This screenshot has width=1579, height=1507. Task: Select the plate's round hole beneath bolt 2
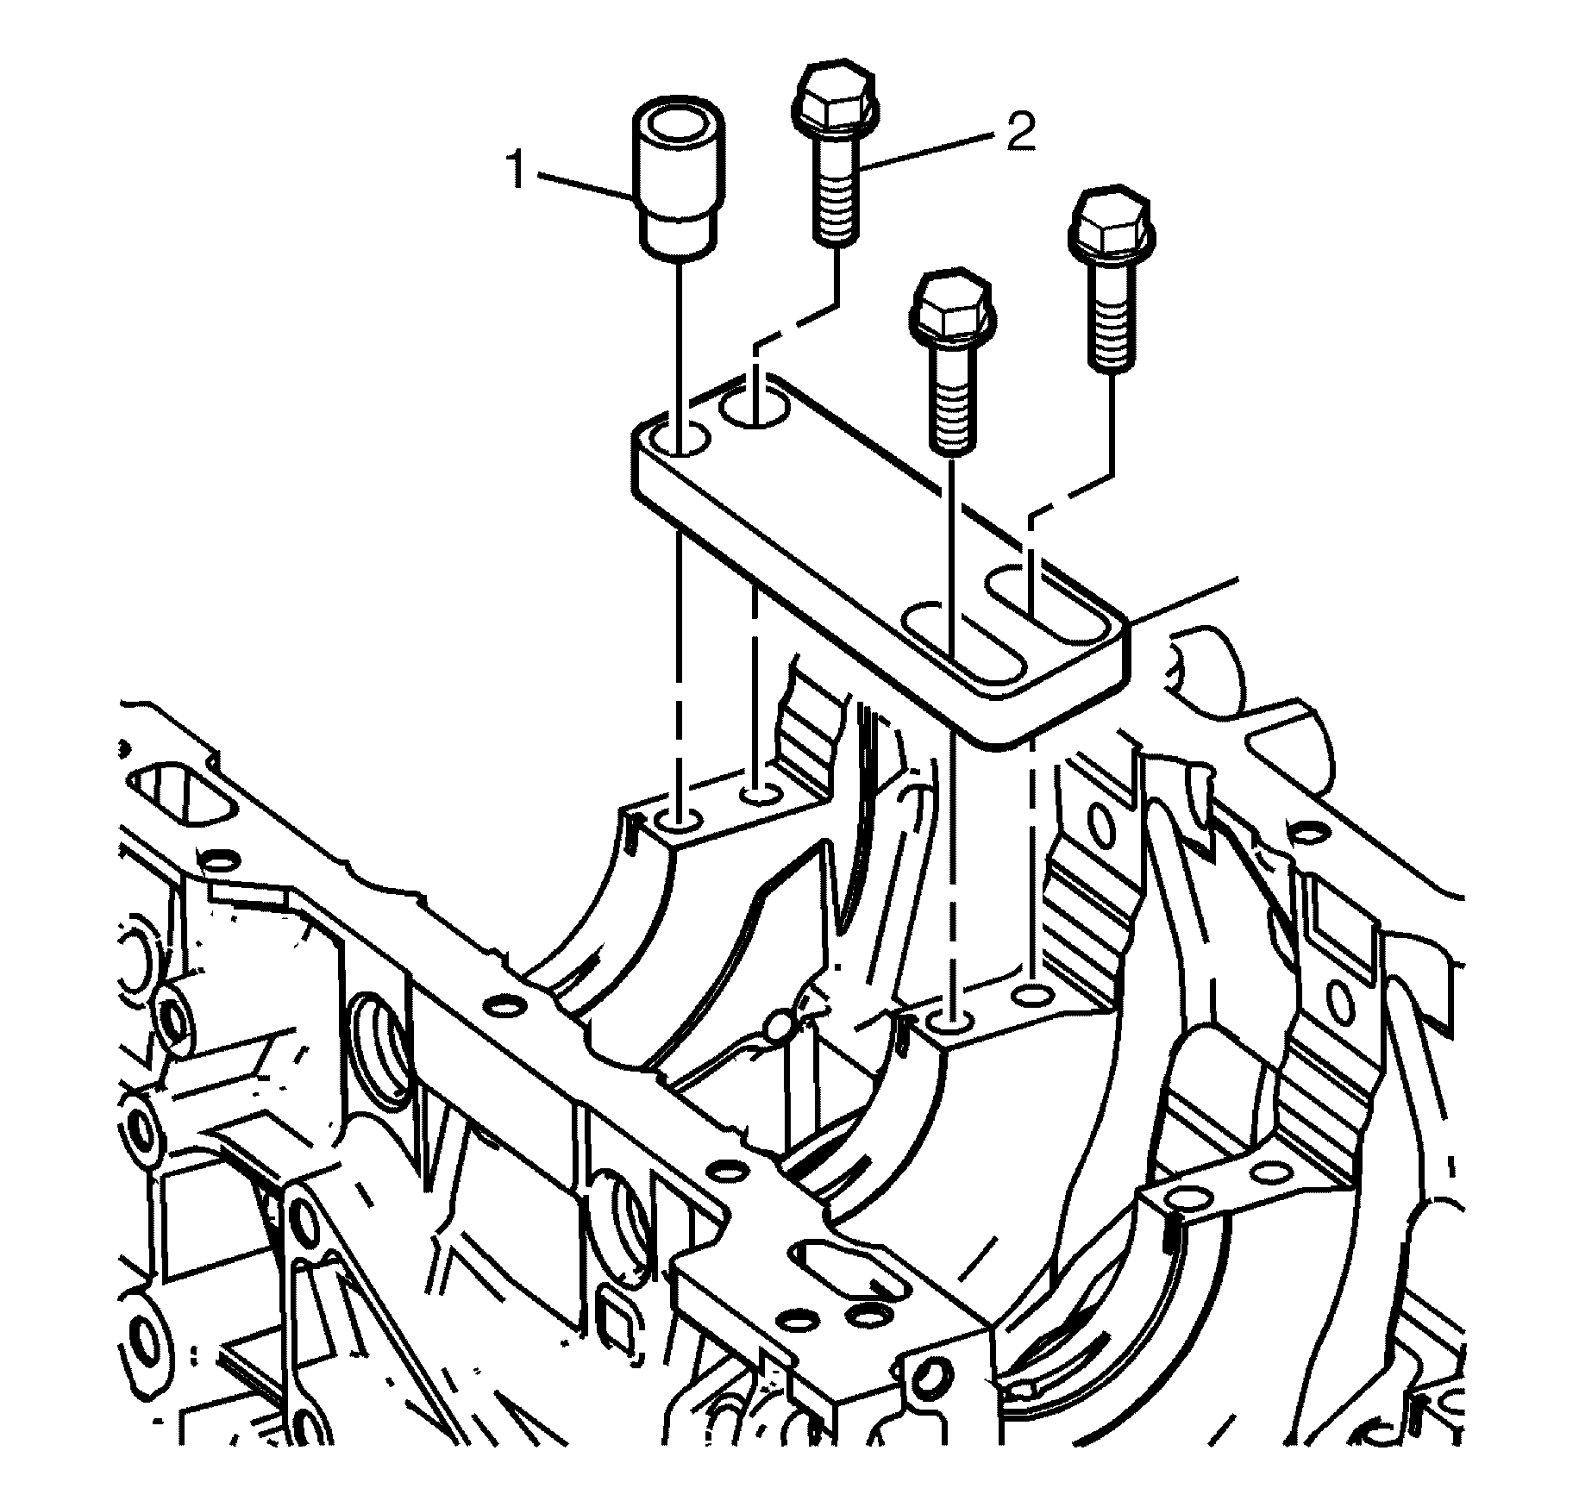coord(756,403)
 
